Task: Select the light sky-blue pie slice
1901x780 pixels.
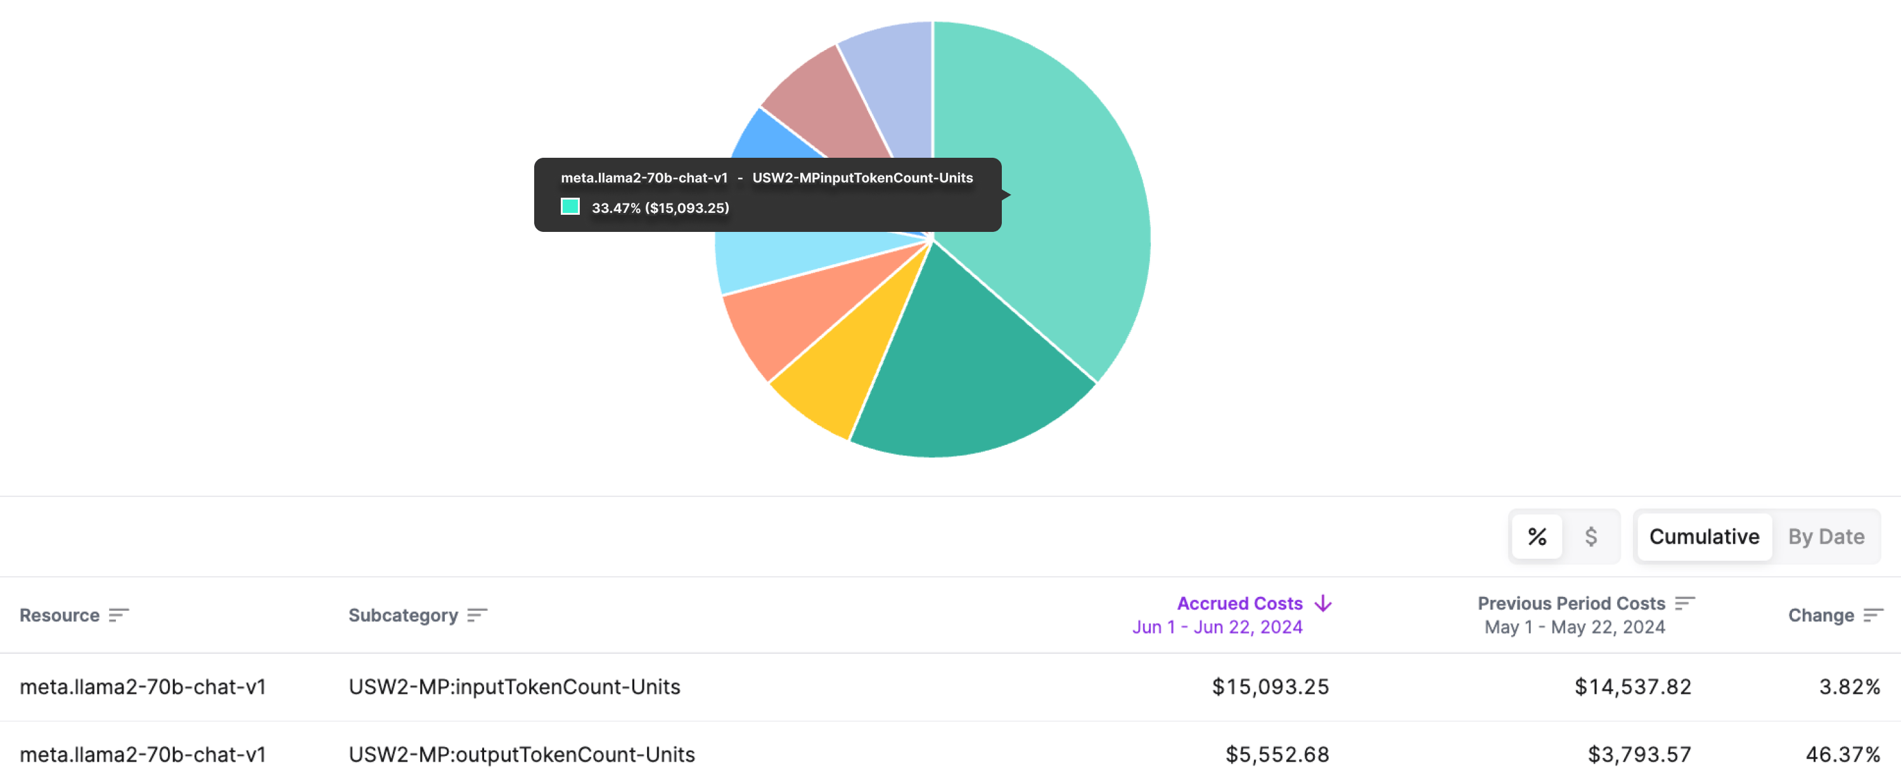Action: pyautogui.click(x=767, y=259)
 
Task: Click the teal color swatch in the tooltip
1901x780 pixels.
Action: pyautogui.click(x=570, y=207)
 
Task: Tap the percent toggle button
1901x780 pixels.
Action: pyautogui.click(x=1537, y=537)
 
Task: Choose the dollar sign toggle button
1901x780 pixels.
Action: pyautogui.click(x=1591, y=537)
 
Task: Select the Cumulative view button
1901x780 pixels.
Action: pyautogui.click(x=1703, y=537)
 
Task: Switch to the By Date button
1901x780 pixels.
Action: pyautogui.click(x=1826, y=537)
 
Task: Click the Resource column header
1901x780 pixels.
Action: pyautogui.click(x=59, y=615)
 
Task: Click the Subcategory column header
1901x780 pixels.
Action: pyautogui.click(x=403, y=615)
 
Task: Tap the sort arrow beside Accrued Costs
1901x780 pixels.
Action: pyautogui.click(x=1322, y=603)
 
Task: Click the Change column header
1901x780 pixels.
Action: pyautogui.click(x=1821, y=615)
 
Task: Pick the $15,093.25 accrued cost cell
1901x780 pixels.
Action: pyautogui.click(x=1269, y=686)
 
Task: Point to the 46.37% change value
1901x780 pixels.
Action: pyautogui.click(x=1842, y=754)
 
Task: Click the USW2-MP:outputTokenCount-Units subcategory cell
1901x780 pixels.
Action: pyautogui.click(x=521, y=754)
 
